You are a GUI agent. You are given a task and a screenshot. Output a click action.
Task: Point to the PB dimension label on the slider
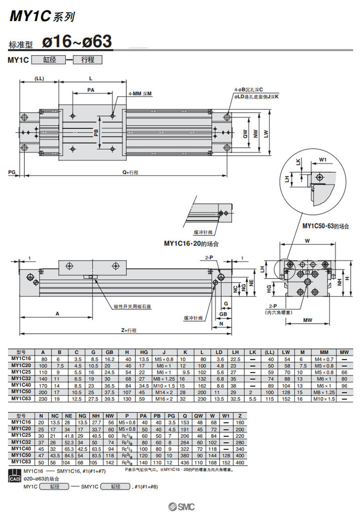pos(96,132)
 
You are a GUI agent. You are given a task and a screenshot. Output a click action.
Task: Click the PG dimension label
pos(12,171)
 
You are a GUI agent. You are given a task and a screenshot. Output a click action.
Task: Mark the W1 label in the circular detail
pos(323,160)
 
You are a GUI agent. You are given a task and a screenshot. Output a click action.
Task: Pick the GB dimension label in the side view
pos(223,314)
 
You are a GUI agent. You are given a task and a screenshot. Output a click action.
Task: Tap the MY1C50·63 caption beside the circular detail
pos(321,226)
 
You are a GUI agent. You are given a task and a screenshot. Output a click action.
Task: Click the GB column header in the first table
pos(109,352)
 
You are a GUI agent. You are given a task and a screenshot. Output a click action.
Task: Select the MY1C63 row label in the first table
pos(21,398)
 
